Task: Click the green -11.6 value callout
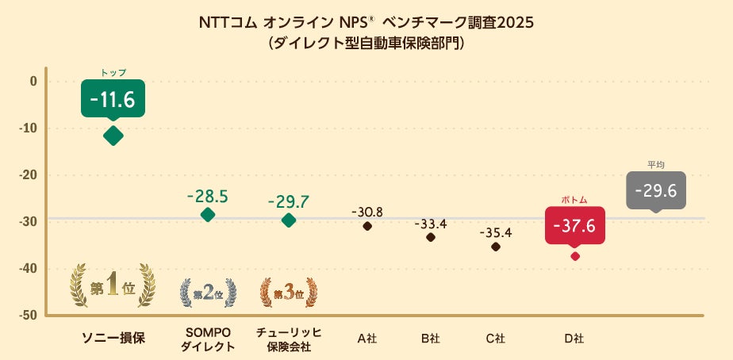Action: [113, 99]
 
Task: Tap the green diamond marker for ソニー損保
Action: [113, 136]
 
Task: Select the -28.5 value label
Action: [208, 195]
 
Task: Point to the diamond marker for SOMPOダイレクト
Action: [208, 214]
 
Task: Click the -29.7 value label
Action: [289, 201]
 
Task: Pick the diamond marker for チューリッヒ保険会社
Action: [289, 220]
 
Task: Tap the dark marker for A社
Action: [367, 226]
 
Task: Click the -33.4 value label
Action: [431, 224]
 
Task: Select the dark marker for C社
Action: [496, 247]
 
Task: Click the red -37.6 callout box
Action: [575, 226]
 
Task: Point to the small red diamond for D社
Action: [575, 256]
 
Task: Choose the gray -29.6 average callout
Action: [655, 190]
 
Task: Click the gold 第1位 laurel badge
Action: [113, 286]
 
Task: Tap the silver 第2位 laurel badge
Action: [208, 293]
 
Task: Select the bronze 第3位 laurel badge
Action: [289, 293]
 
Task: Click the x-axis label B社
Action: [431, 339]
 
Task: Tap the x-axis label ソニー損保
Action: [113, 338]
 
